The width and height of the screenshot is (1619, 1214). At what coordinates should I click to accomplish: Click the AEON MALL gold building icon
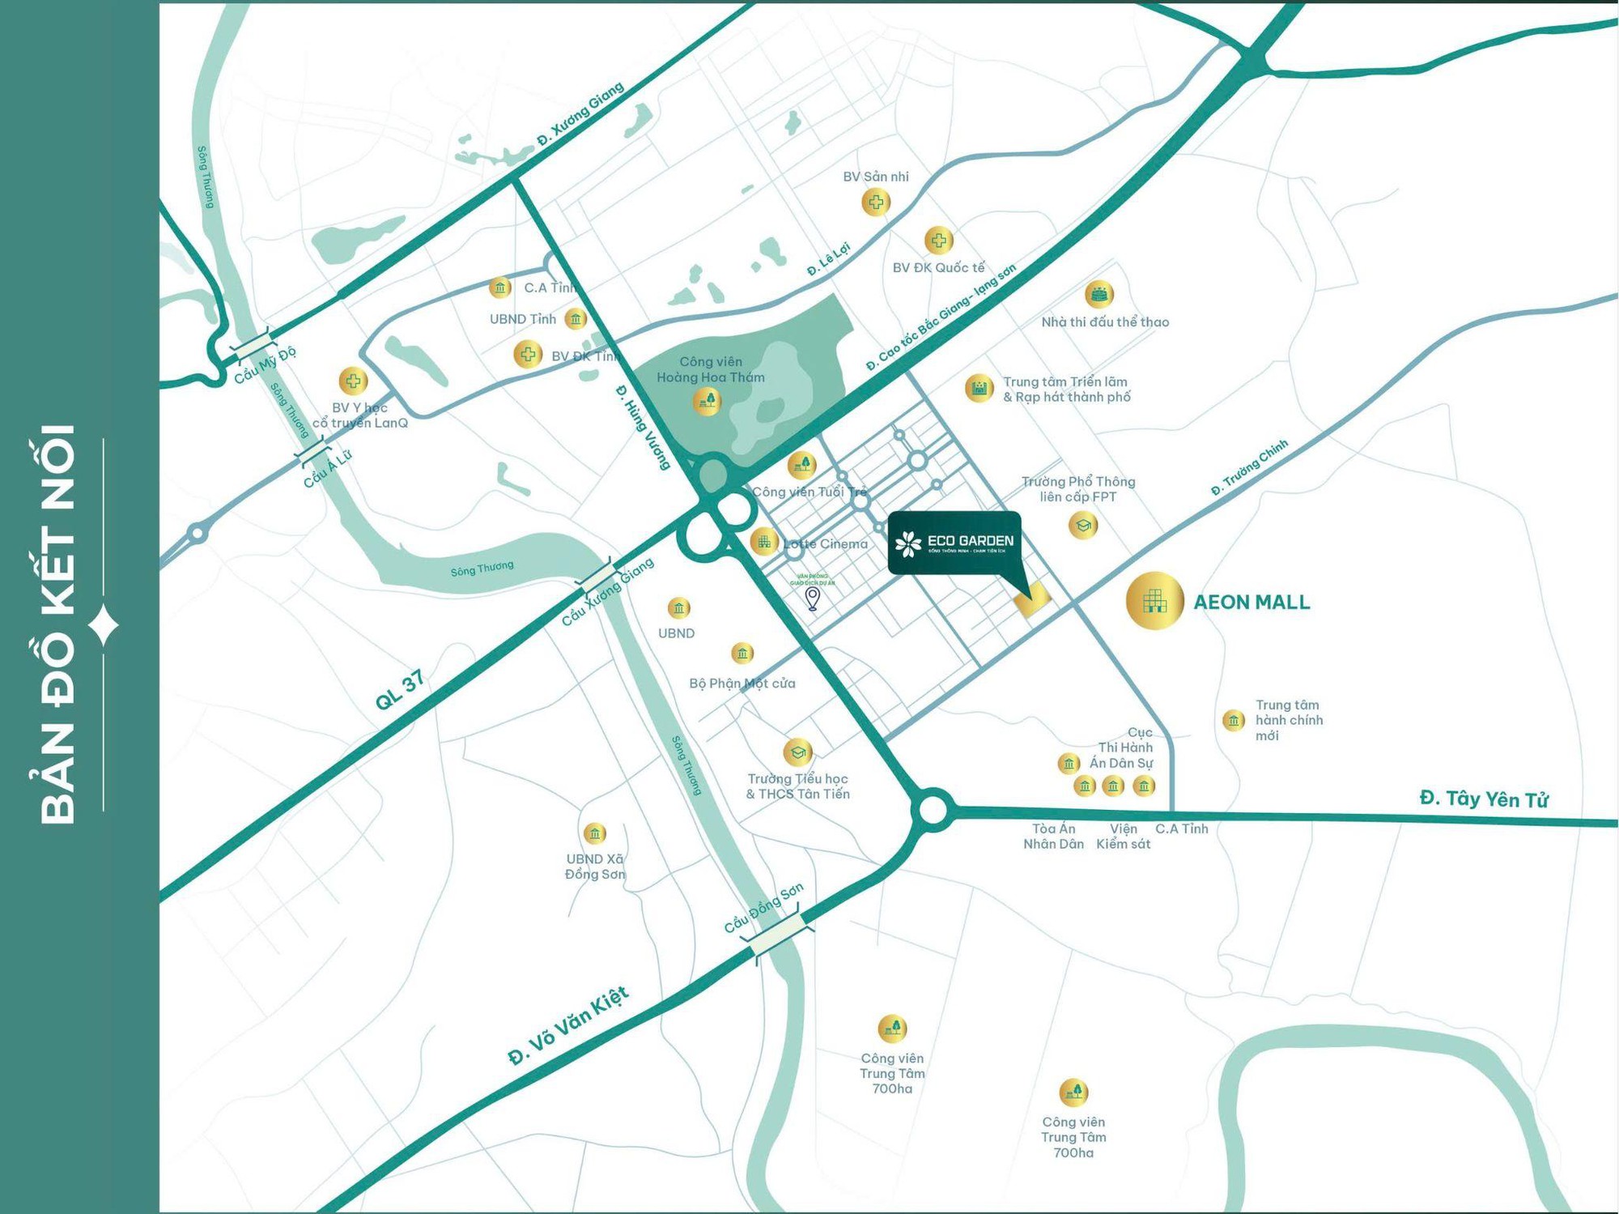pyautogui.click(x=1154, y=600)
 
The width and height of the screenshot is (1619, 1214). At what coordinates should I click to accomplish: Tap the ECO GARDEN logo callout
pyautogui.click(x=954, y=543)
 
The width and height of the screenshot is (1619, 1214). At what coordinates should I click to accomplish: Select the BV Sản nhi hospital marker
pyautogui.click(x=876, y=202)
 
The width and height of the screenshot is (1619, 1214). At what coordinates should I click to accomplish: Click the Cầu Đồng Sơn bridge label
pyautogui.click(x=763, y=907)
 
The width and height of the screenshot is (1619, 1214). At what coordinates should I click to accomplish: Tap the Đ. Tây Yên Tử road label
pyautogui.click(x=1483, y=799)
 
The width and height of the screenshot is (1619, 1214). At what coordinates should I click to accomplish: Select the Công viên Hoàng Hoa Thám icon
pyautogui.click(x=707, y=400)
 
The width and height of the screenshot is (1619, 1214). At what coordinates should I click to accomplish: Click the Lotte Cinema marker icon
pyautogui.click(x=763, y=541)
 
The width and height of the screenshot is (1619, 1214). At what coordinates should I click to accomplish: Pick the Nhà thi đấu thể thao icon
pyautogui.click(x=1098, y=294)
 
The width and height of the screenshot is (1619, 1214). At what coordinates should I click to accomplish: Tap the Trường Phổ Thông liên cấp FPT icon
pyautogui.click(x=1082, y=525)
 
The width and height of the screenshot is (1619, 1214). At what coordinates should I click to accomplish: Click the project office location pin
pyautogui.click(x=813, y=598)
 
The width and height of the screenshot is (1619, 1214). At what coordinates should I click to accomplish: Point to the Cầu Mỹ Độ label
pyautogui.click(x=265, y=365)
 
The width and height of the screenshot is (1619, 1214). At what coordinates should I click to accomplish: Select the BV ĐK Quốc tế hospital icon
pyautogui.click(x=938, y=240)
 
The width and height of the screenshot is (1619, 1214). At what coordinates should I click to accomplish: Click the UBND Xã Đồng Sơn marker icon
pyautogui.click(x=594, y=833)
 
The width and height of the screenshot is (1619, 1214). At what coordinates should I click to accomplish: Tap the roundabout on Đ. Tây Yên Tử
pyautogui.click(x=933, y=809)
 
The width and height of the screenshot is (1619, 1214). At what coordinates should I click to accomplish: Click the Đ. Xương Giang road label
pyautogui.click(x=580, y=115)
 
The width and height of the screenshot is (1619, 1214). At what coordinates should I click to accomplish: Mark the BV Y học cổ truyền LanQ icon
pyautogui.click(x=352, y=381)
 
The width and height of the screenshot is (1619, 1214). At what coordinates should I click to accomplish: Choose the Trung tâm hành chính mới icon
pyautogui.click(x=1233, y=719)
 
